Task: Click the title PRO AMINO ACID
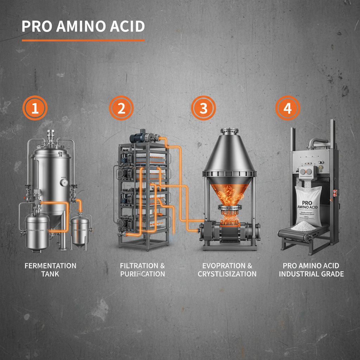coord(83,27)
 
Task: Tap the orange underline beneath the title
coord(83,40)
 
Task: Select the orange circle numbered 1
coord(35,108)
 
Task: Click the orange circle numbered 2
coord(121,108)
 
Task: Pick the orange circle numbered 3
coord(203,108)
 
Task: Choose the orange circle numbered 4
coord(287,108)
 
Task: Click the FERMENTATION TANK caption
coord(50,270)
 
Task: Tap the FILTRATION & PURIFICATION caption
coord(142,270)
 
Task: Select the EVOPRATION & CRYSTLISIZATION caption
coord(227,270)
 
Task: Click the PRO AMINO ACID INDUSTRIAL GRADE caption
coord(311,270)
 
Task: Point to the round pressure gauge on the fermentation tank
coord(64,182)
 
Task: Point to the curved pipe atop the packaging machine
coord(317,141)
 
